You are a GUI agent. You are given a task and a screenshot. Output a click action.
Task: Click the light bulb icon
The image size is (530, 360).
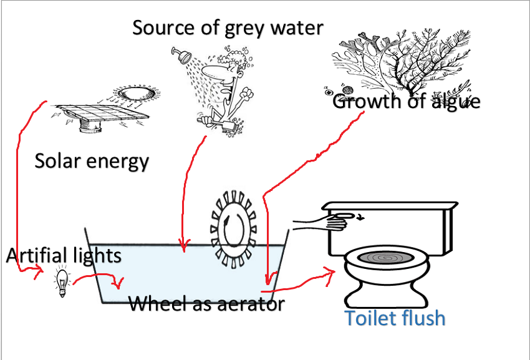click(62, 283)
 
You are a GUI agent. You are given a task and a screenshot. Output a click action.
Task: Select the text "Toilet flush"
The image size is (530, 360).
click(395, 318)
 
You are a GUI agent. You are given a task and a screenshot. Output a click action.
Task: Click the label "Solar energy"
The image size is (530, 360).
click(92, 161)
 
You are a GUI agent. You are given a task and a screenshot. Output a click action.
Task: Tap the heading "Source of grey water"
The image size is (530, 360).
click(228, 27)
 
